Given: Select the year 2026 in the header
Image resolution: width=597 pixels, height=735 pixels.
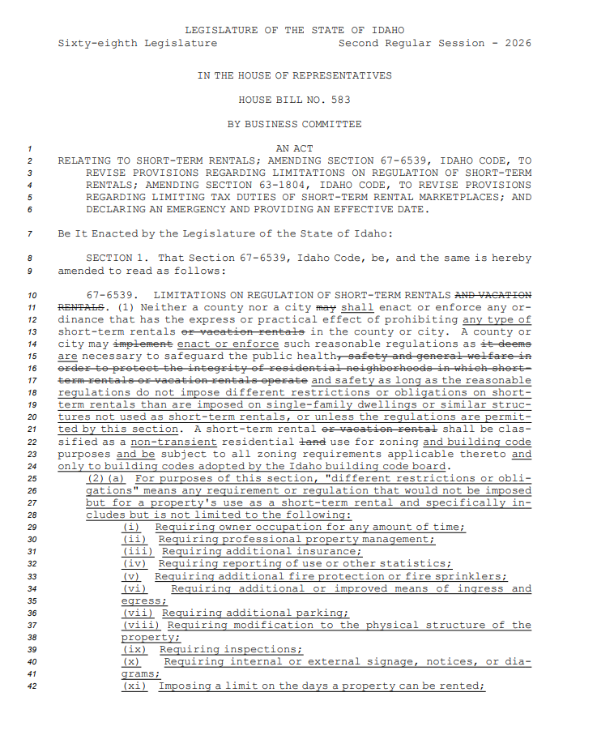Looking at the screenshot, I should pos(518,43).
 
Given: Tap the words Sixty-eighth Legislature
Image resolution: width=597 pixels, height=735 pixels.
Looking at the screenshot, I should pos(137,43).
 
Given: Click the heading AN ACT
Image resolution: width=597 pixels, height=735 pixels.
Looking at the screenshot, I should pos(294,148).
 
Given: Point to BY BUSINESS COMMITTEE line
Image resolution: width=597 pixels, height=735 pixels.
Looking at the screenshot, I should pos(294,124).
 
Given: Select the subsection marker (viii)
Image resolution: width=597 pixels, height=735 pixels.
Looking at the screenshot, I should pos(140,625).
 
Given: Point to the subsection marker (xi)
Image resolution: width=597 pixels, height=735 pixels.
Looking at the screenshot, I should pos(137,686).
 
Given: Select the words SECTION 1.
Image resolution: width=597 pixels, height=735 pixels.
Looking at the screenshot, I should pos(114,259).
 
